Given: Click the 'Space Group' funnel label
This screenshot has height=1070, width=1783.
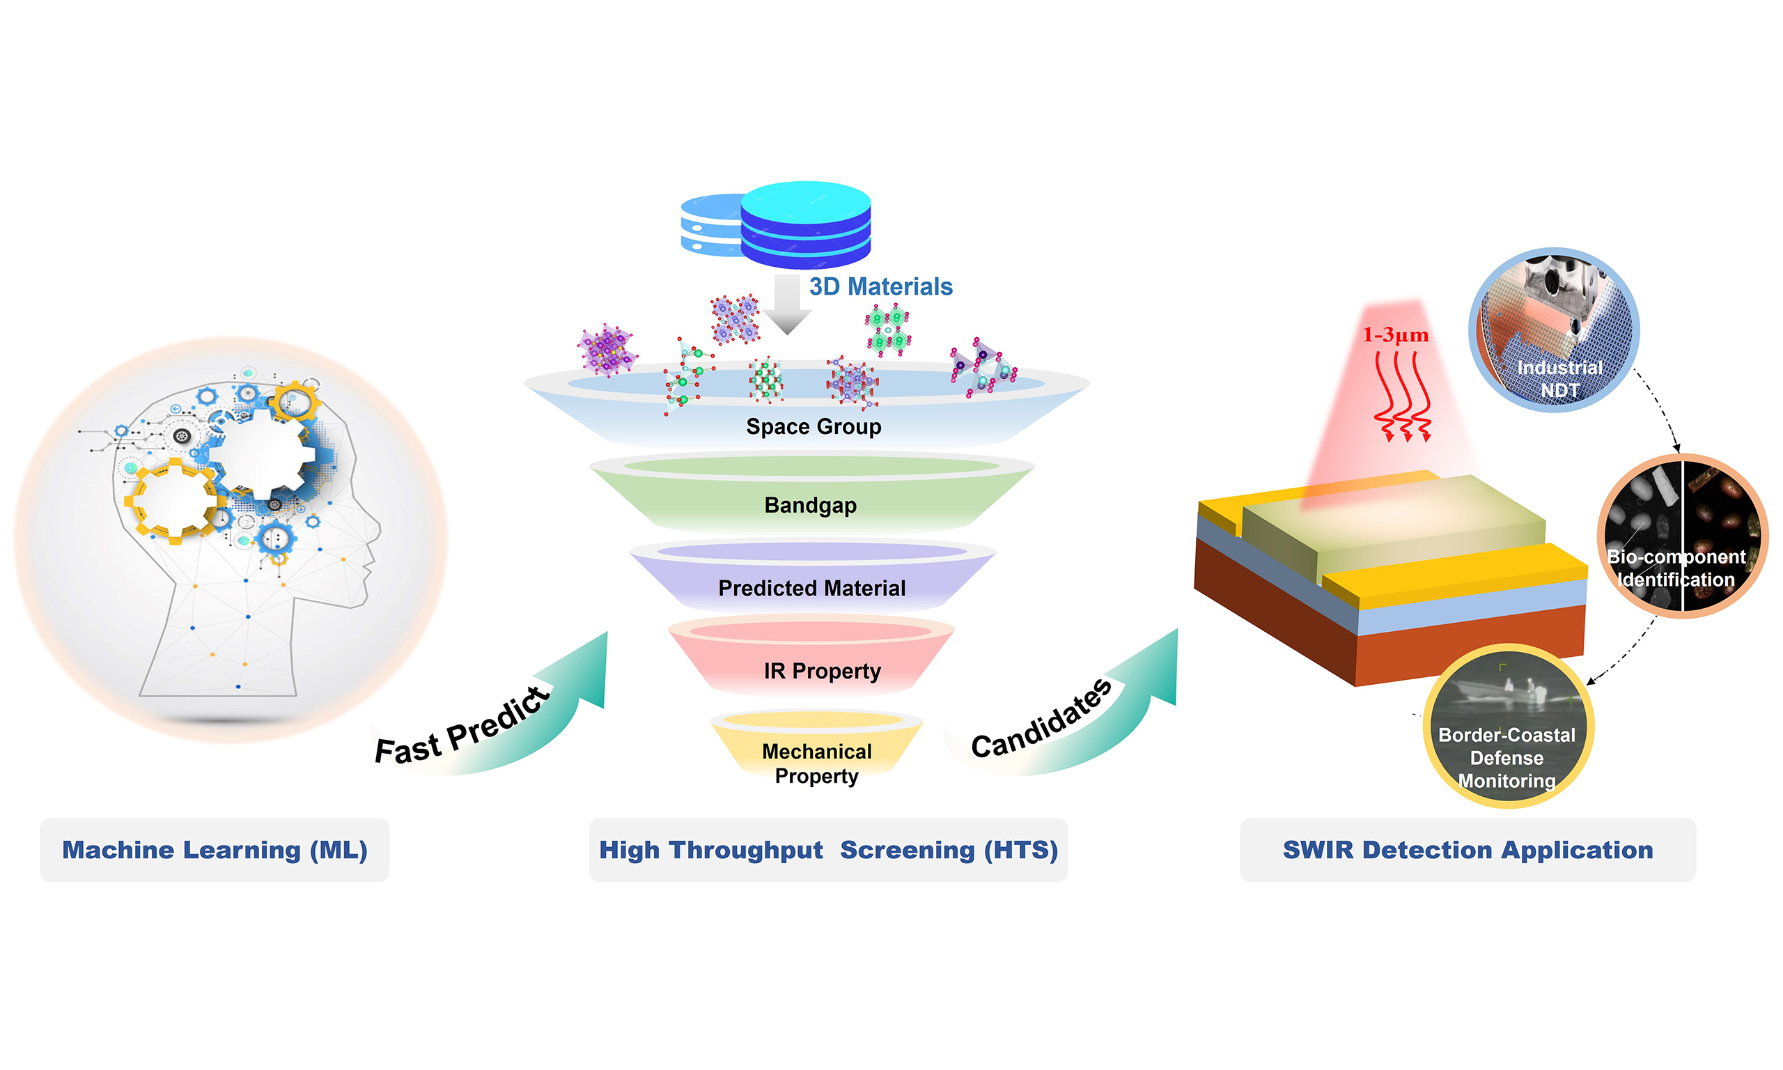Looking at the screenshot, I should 813,427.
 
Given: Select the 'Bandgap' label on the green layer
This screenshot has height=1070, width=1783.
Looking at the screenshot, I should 810,506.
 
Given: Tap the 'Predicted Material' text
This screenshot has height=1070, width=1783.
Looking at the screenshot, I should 811,589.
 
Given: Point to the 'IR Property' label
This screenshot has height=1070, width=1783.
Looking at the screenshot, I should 823,672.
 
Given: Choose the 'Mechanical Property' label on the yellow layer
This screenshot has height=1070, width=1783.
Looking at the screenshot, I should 816,763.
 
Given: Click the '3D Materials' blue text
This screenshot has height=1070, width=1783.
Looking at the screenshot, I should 880,287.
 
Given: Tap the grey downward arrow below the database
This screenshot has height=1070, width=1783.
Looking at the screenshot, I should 788,304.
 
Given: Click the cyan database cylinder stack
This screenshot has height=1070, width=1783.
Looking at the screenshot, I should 806,224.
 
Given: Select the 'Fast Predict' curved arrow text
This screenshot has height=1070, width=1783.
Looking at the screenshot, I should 462,727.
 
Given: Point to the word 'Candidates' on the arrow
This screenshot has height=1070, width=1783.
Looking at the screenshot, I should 1041,720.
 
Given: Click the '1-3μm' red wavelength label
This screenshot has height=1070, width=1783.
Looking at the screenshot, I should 1394,335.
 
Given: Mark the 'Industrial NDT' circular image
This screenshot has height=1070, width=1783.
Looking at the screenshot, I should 1554,330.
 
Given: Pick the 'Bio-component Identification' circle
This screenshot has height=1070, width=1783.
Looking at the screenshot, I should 1682,536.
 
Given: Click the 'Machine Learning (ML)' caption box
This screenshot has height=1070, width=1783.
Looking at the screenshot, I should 215,850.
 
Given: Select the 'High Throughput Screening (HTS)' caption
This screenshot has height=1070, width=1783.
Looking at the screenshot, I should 828,850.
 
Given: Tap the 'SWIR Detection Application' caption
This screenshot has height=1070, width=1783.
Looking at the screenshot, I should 1467,850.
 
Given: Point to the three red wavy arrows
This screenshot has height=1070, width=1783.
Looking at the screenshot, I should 1402,396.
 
